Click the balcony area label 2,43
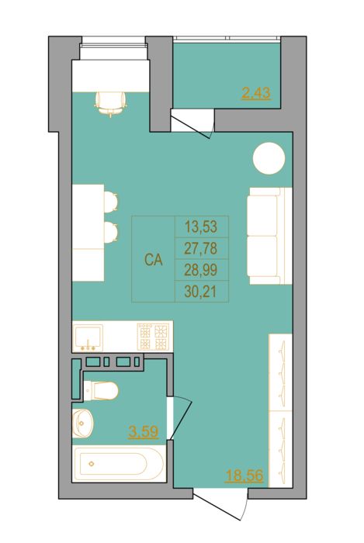tap(256, 94)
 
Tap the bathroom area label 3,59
tap(144, 432)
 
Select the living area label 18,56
tap(244, 475)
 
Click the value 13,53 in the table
tap(201, 227)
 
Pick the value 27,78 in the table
tap(201, 248)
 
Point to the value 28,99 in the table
tap(201, 270)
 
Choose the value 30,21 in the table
tap(201, 292)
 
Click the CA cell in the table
tap(154, 259)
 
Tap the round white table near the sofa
tap(269, 158)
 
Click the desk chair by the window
tap(110, 103)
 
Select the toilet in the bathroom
tap(101, 391)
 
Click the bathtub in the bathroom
tap(119, 464)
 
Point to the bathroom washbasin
tap(82, 423)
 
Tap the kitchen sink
tap(88, 337)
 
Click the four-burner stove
tap(153, 336)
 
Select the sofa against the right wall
tap(270, 236)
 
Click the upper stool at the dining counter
tap(111, 202)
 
